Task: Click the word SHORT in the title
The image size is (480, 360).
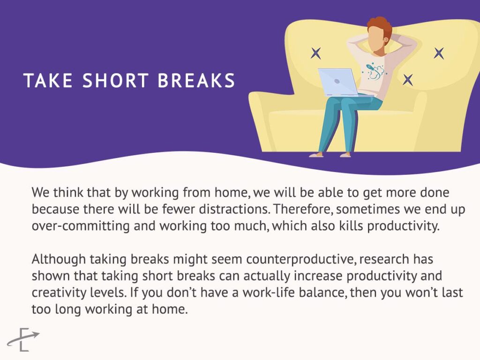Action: (116, 81)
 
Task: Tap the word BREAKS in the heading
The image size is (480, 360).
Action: (196, 81)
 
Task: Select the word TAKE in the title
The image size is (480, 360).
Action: (48, 81)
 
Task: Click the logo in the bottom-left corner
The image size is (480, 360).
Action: (23, 339)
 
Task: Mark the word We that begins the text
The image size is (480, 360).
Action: (41, 193)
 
